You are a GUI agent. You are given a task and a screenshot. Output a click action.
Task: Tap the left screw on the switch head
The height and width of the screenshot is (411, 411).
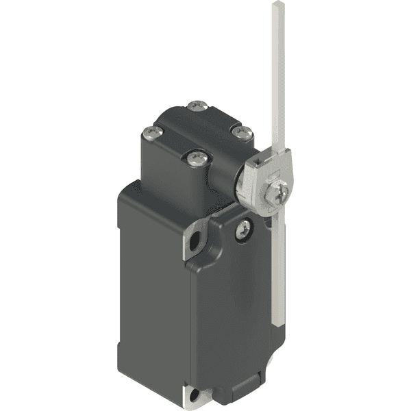point(149,133)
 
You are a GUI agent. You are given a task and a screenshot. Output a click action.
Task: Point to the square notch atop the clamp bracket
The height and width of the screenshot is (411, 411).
point(256,161)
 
